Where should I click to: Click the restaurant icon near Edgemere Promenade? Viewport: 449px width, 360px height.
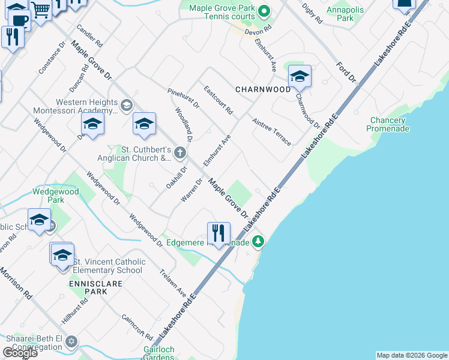pyautogui.click(x=218, y=232)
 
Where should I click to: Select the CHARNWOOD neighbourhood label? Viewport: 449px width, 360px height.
pyautogui.click(x=263, y=89)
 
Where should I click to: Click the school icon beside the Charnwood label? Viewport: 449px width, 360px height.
pyautogui.click(x=300, y=77)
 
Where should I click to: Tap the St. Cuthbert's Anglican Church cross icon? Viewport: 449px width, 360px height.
pyautogui.click(x=179, y=154)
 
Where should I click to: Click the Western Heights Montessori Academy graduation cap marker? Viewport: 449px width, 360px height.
pyautogui.click(x=126, y=106)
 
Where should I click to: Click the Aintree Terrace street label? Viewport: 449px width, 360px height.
pyautogui.click(x=272, y=131)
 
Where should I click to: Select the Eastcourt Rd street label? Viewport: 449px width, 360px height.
pyautogui.click(x=218, y=101)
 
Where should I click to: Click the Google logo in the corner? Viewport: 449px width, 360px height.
pyautogui.click(x=19, y=353)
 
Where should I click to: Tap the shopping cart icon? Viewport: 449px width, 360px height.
pyautogui.click(x=41, y=9)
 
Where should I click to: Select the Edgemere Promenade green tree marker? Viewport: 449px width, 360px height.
pyautogui.click(x=258, y=242)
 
